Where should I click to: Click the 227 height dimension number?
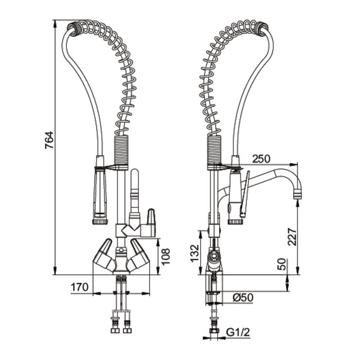(x=292, y=237)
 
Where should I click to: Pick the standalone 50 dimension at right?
(x=282, y=265)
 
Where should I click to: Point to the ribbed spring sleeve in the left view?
(x=120, y=152)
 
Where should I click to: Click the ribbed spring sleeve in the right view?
(x=214, y=152)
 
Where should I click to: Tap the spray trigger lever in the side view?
(x=245, y=195)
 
